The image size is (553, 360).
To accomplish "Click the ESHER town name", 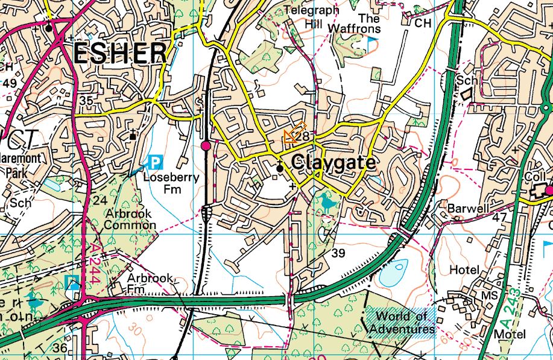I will tap(120, 54).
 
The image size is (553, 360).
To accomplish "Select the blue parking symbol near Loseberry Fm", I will tap(156, 162).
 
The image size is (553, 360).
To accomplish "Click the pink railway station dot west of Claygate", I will tap(206, 145).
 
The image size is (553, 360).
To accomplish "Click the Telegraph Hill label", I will tap(312, 16).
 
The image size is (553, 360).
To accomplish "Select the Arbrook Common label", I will tap(130, 219).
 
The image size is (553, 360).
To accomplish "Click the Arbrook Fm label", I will tap(150, 284).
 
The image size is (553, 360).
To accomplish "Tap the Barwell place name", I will tap(467, 208).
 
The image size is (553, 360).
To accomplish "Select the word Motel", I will tap(510, 334).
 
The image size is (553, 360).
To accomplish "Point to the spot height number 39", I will tap(338, 253).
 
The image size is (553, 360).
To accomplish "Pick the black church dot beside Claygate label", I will tap(280, 169).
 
